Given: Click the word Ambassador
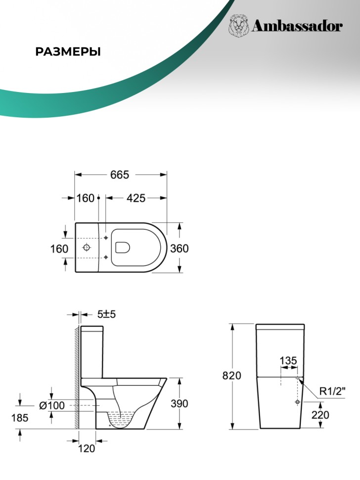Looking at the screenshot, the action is point(297,26).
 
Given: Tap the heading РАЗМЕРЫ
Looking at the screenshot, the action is point(68,52).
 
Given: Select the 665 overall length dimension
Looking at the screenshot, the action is point(120,175).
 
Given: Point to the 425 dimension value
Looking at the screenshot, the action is point(136,198).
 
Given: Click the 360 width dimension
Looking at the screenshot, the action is point(179,248).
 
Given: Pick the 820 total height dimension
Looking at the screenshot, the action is point(231,375).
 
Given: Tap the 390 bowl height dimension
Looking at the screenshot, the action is point(179,403).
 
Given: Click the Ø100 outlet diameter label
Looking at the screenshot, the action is point(52,405).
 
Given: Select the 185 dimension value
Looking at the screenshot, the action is point(20,418).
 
